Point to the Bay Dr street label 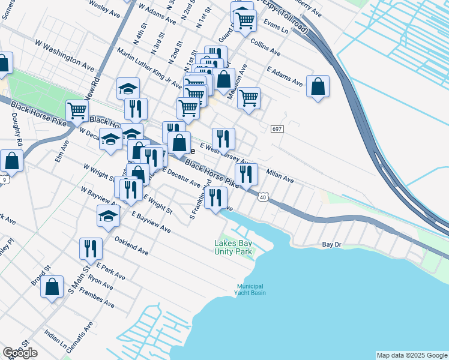pyautogui.click(x=331, y=245)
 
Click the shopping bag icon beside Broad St pyautogui.click(x=52, y=287)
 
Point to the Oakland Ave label pyautogui.click(x=131, y=245)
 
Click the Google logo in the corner pyautogui.click(x=20, y=353)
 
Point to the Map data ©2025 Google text pyautogui.click(x=412, y=355)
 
